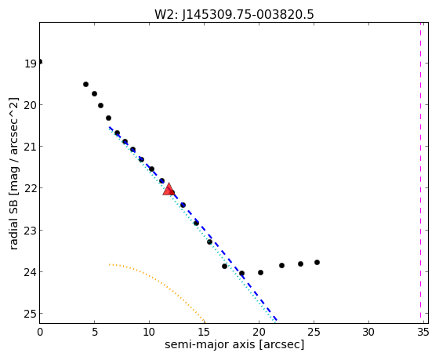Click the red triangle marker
[169, 189]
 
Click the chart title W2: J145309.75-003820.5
[234, 14]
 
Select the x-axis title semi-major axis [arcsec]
[234, 344]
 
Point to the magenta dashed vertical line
[420, 171]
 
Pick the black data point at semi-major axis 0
[40, 62]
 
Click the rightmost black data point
[317, 262]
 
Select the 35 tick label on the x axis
[423, 333]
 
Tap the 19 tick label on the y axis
[31, 64]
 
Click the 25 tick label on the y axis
[31, 314]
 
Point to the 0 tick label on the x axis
[40, 333]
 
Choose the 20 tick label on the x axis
[259, 333]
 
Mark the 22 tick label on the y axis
[31, 189]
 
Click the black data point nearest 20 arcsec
[260, 272]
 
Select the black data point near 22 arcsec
[281, 265]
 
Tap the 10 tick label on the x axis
[149, 333]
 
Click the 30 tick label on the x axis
[368, 333]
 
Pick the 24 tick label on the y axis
[31, 272]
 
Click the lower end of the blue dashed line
[276, 320]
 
